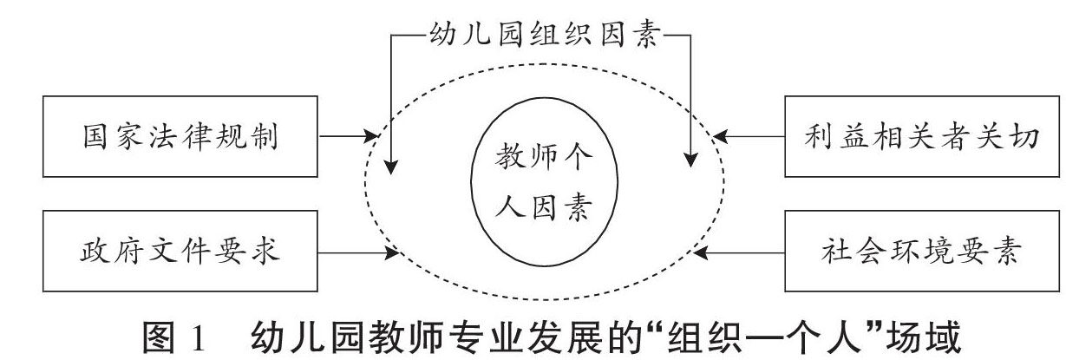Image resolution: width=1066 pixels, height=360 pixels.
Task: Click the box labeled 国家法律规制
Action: coord(180,136)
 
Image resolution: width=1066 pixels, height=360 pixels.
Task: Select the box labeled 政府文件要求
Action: coord(180,253)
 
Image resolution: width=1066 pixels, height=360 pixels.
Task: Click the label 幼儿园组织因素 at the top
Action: coord(540,37)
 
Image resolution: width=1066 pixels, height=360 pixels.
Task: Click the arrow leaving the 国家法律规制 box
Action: coord(347,136)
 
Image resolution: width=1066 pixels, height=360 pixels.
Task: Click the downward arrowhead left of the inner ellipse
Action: coord(392,161)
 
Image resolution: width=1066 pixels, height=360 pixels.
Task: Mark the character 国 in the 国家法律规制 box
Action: coord(89,137)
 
